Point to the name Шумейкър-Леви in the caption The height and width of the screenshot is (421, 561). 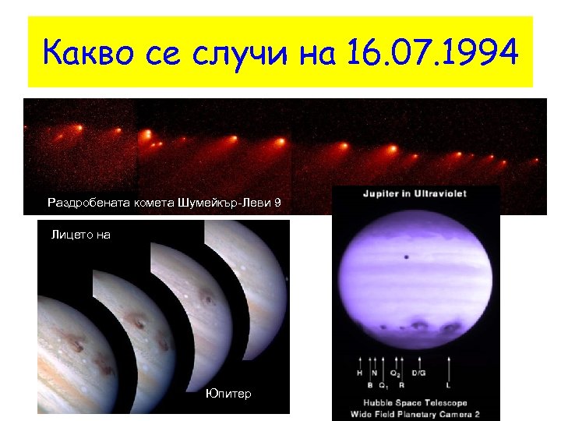(226, 203)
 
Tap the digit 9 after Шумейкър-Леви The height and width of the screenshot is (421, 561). (277, 203)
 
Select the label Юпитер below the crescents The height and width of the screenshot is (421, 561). (229, 394)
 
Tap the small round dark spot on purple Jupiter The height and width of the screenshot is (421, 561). (406, 257)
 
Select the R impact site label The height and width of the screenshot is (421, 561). (401, 384)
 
